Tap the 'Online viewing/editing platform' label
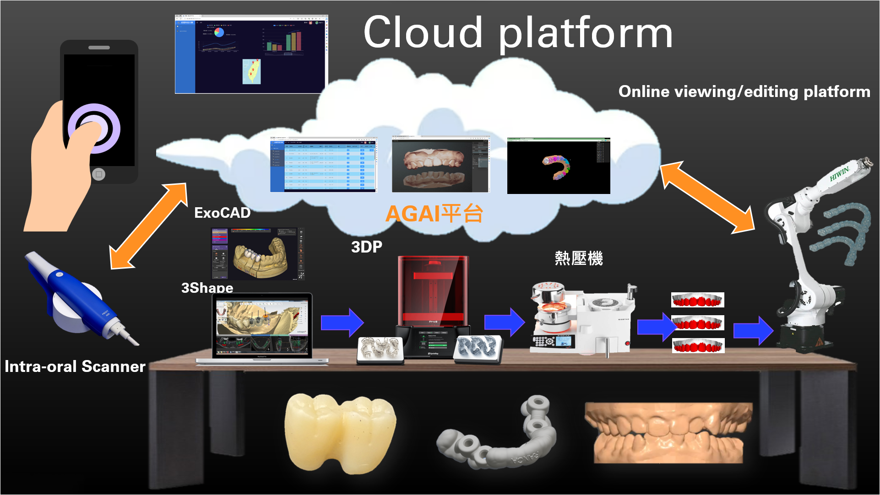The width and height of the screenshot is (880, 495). click(x=744, y=91)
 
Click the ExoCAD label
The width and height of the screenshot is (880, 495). click(x=222, y=213)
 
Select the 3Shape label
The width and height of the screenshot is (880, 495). click(x=207, y=287)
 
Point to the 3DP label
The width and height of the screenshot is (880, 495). click(x=366, y=247)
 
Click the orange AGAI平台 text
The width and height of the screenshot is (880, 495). click(x=434, y=214)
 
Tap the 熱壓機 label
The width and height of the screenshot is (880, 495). click(x=578, y=258)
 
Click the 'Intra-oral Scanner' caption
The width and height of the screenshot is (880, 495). click(x=75, y=366)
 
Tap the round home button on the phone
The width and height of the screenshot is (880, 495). click(x=98, y=174)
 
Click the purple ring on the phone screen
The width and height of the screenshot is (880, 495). click(x=94, y=128)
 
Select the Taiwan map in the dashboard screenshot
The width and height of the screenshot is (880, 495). click(x=251, y=71)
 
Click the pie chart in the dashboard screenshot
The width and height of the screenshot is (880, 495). click(x=219, y=32)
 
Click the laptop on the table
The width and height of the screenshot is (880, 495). click(x=262, y=327)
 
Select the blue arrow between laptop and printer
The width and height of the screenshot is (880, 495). click(x=342, y=322)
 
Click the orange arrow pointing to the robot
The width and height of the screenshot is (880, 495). click(x=707, y=197)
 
